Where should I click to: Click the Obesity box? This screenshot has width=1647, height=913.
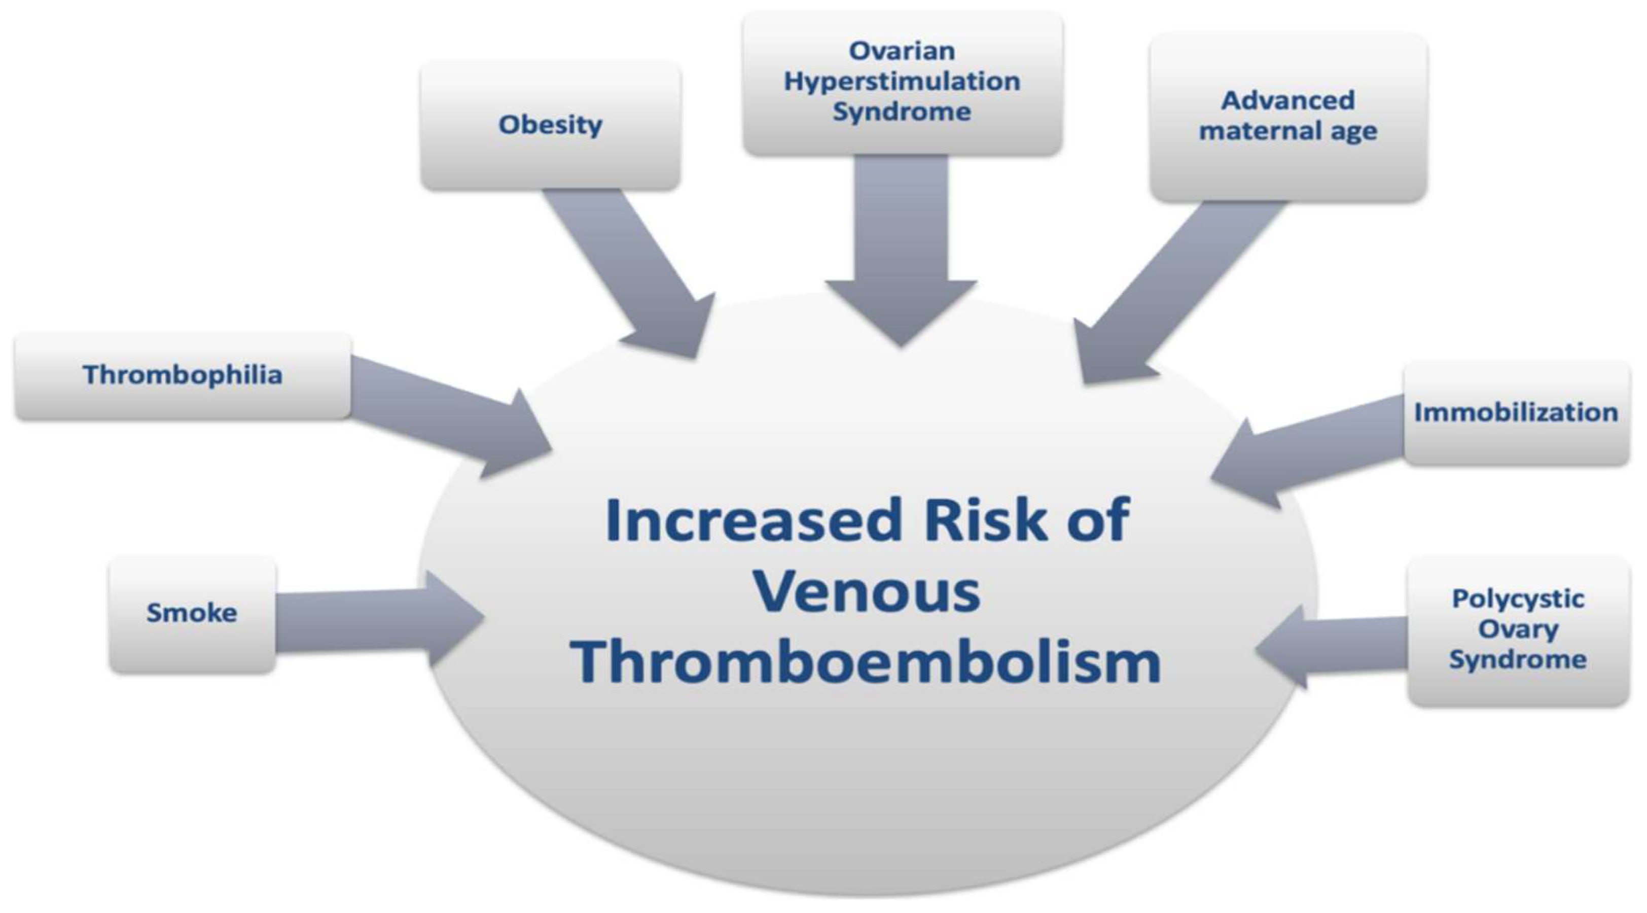click(551, 125)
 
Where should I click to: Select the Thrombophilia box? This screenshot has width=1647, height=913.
click(183, 376)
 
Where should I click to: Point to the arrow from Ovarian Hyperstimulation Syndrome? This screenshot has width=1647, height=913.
click(901, 251)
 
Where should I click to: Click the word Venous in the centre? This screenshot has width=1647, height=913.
click(868, 592)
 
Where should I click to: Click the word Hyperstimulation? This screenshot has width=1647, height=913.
click(902, 82)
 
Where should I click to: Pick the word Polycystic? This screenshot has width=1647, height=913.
click(1518, 599)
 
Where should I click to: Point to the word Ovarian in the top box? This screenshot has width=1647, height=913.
click(902, 51)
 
